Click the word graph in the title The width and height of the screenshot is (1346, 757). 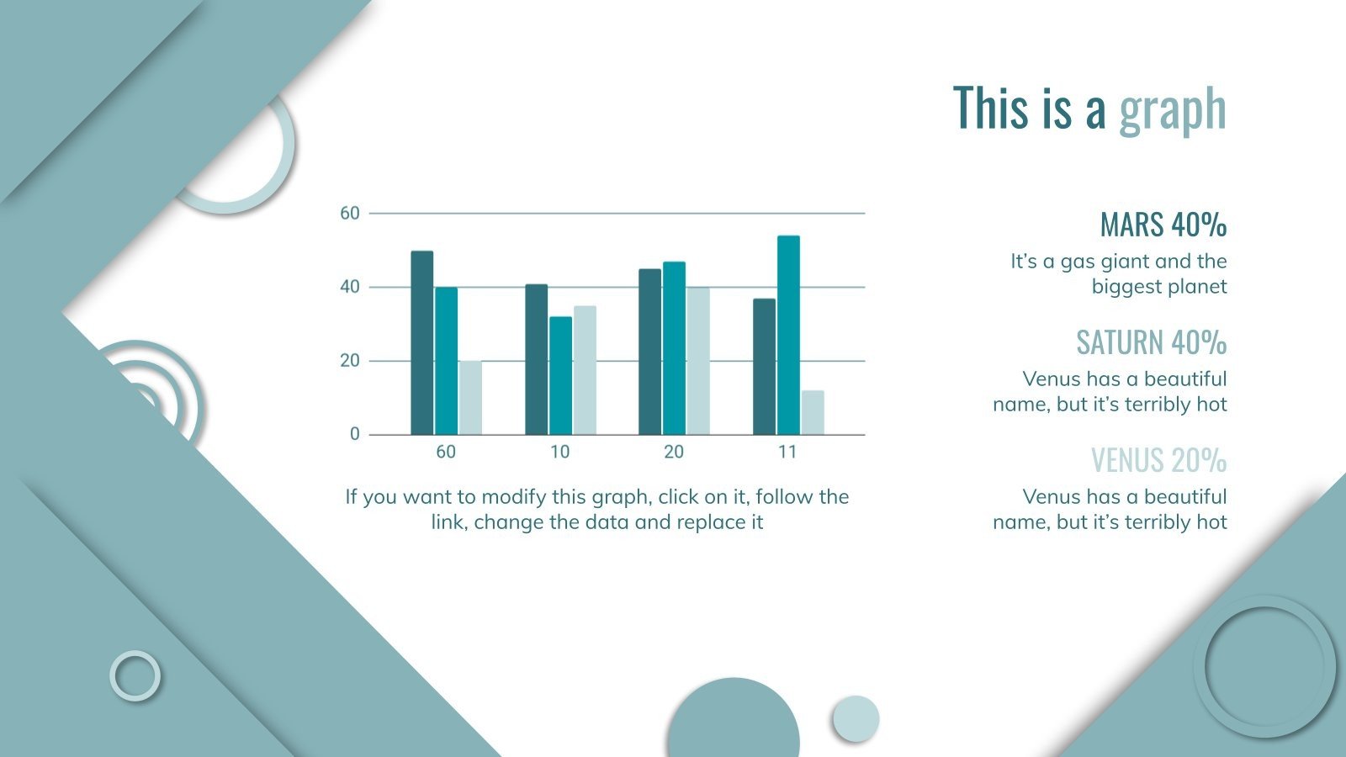(x=1172, y=110)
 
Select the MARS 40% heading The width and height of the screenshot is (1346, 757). (x=1163, y=225)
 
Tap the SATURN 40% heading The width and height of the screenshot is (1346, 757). (x=1151, y=342)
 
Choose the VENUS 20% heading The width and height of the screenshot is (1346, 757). (x=1158, y=460)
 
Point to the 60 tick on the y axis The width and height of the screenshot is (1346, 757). (x=349, y=214)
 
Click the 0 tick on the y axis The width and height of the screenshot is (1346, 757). (x=354, y=434)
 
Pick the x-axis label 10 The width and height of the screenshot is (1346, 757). (x=559, y=453)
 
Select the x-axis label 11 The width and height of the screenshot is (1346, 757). (x=787, y=453)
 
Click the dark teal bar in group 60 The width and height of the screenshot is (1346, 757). (x=421, y=343)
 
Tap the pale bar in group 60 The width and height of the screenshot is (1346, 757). (x=470, y=398)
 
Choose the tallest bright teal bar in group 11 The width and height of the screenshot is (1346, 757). (x=788, y=336)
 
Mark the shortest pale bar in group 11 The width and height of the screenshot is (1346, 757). (x=813, y=413)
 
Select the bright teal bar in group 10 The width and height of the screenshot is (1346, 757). (x=560, y=376)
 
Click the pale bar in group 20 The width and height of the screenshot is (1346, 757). (x=698, y=361)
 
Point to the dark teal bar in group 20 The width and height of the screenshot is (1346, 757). (x=649, y=352)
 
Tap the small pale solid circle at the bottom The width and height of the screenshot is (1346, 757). (x=856, y=718)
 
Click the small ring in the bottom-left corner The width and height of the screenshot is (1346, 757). (x=135, y=675)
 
